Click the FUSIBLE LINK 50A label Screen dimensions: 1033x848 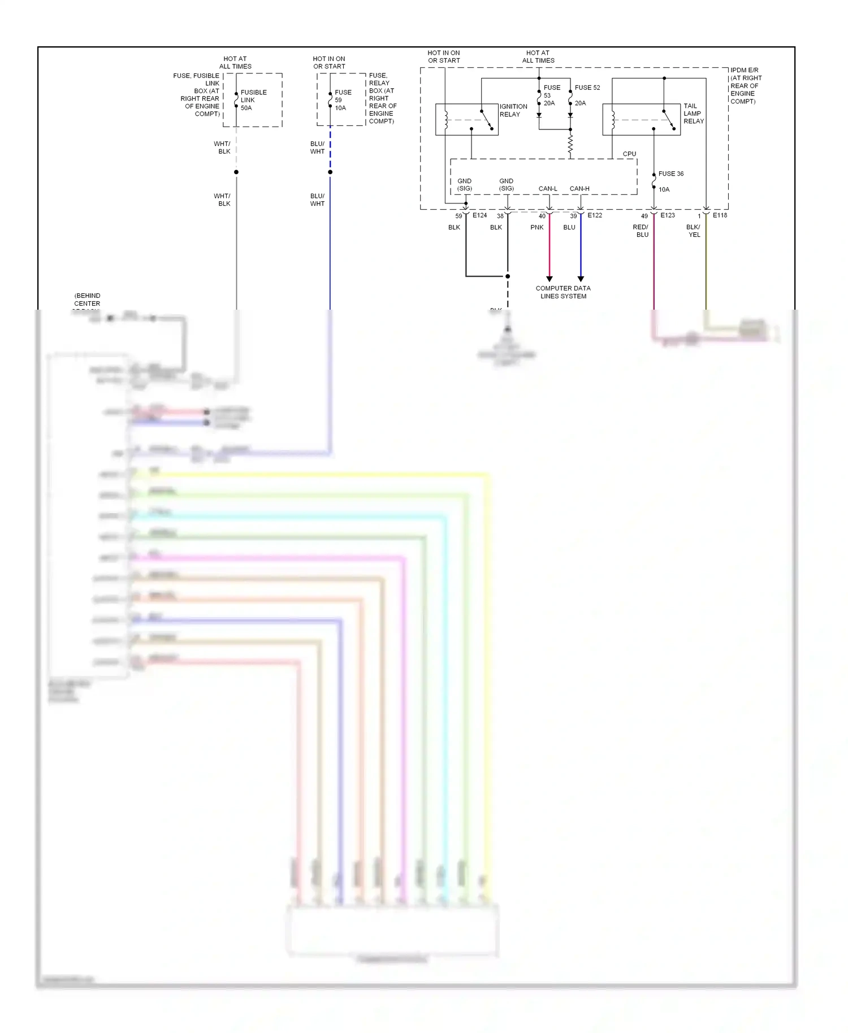coord(253,100)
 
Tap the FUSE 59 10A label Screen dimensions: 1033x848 coord(343,100)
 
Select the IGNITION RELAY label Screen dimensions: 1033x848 coord(513,110)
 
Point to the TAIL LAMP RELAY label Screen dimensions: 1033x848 coord(693,114)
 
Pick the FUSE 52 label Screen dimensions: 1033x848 coord(587,88)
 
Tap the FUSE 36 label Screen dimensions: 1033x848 coord(670,174)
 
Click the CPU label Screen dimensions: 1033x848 coord(629,154)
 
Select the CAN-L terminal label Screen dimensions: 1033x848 coord(547,189)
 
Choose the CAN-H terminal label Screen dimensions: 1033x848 coord(579,189)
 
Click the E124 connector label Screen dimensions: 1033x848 coord(479,215)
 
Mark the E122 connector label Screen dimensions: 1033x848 coord(595,215)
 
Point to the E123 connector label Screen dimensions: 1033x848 coord(668,215)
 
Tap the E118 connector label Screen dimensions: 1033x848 coord(720,215)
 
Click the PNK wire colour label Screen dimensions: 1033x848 coord(537,227)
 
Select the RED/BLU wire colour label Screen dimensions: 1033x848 coord(641,231)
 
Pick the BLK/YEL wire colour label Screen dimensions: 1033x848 coord(693,231)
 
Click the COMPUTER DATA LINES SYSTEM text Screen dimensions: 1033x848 coord(563,292)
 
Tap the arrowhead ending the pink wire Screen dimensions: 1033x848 coord(549,279)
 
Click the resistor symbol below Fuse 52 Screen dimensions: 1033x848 coord(570,144)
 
